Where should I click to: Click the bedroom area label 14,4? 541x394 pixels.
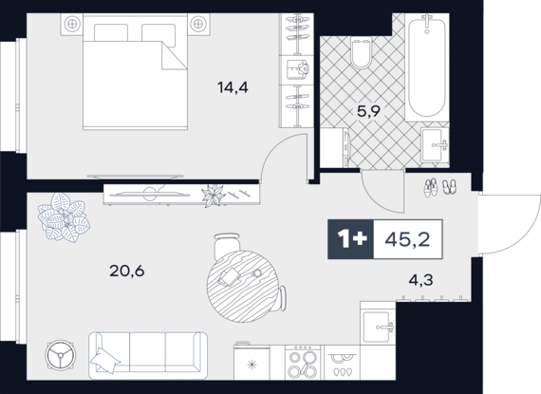(233, 87)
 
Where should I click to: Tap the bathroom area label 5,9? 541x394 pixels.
(368, 111)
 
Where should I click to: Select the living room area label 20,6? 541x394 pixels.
(127, 272)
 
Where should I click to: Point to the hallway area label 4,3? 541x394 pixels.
(420, 280)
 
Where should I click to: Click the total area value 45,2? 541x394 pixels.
(407, 239)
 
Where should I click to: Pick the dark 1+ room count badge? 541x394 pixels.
(350, 239)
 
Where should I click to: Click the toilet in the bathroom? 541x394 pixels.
(361, 53)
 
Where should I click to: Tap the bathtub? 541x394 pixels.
(427, 67)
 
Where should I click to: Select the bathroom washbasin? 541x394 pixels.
(435, 145)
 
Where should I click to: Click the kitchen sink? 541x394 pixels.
(378, 326)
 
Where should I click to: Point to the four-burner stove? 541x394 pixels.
(303, 363)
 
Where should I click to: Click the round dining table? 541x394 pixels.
(243, 287)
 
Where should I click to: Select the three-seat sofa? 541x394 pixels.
(148, 356)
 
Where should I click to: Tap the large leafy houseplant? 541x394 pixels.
(64, 217)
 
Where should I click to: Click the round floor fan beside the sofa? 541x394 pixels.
(61, 355)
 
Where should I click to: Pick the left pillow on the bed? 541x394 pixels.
(111, 33)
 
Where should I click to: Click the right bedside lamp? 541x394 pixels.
(198, 24)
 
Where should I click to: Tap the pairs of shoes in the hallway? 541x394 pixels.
(439, 188)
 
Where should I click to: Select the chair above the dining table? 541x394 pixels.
(227, 246)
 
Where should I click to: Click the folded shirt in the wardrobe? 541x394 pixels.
(297, 70)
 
